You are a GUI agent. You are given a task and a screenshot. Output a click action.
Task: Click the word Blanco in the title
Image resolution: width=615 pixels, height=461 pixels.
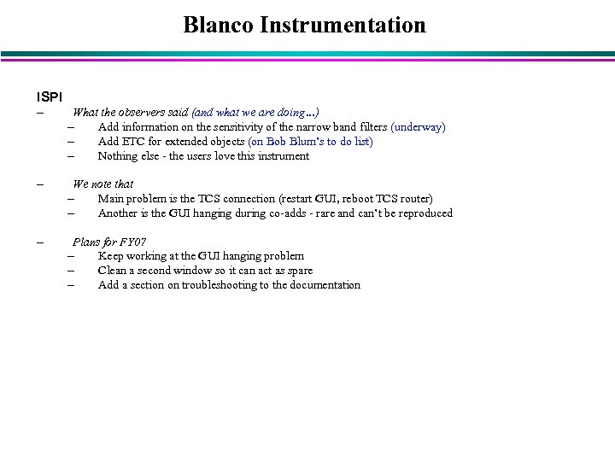click(x=219, y=26)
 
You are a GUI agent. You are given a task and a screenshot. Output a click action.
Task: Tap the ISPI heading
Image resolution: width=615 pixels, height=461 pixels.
click(x=48, y=95)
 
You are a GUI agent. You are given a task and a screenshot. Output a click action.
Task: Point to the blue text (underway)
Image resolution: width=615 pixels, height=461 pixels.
click(x=418, y=127)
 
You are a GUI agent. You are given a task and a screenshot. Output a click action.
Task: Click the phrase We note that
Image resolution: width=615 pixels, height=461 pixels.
click(x=103, y=184)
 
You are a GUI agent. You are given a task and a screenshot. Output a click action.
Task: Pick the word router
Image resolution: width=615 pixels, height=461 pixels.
click(x=412, y=199)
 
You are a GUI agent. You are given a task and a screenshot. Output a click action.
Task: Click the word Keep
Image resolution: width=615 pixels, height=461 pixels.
click(x=111, y=256)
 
